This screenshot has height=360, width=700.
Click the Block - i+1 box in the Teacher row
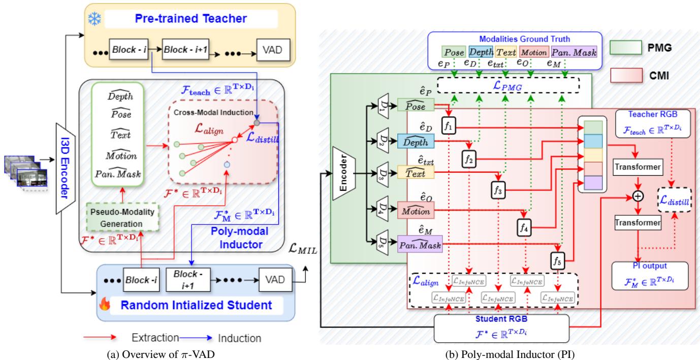(183, 51)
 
